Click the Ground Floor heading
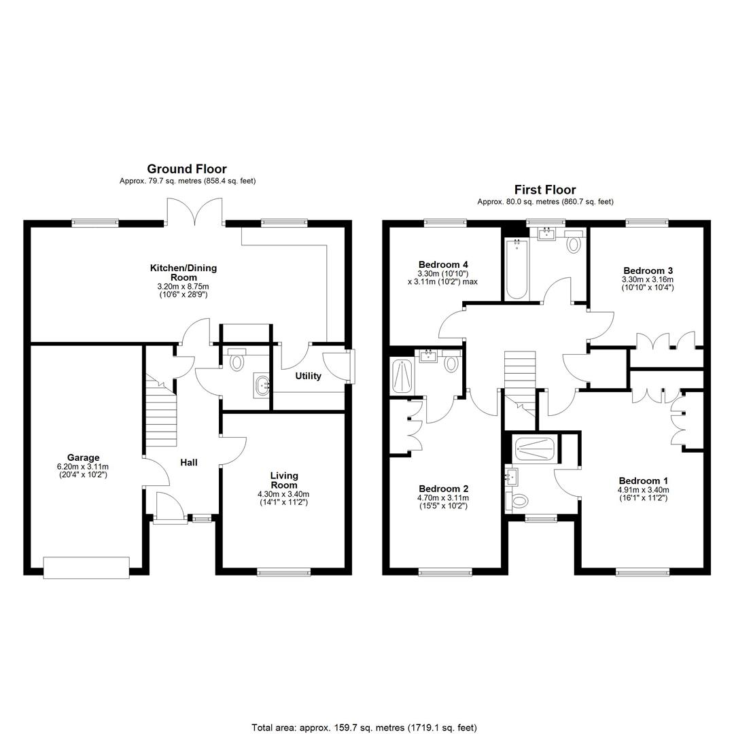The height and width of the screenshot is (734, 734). [x=187, y=169]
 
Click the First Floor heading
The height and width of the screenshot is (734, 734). [x=545, y=190]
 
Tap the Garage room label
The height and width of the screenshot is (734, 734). [x=84, y=457]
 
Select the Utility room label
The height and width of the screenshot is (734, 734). [x=308, y=376]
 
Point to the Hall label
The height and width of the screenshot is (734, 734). [x=189, y=463]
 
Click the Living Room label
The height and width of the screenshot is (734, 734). [x=284, y=480]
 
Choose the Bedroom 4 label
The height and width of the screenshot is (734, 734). [x=443, y=264]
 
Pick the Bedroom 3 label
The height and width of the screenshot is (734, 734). [x=648, y=270]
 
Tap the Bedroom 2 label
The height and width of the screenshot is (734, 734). [x=443, y=489]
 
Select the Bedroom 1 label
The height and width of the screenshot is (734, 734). [x=643, y=480]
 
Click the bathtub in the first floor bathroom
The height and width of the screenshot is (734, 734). [x=517, y=268]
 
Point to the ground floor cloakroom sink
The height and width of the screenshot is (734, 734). [x=261, y=385]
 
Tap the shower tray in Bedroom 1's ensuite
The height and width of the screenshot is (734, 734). [x=534, y=449]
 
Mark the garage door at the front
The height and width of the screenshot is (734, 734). [x=86, y=567]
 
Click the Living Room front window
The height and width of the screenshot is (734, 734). [x=283, y=572]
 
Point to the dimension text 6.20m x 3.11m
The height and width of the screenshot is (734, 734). [x=83, y=467]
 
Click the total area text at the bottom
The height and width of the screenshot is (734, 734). [x=364, y=727]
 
